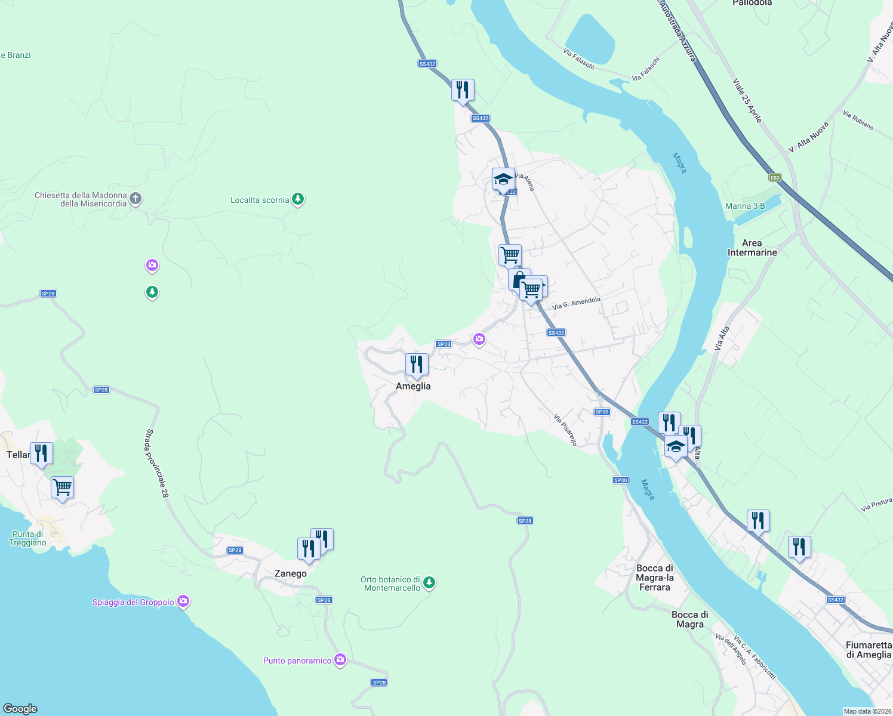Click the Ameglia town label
[x=413, y=386]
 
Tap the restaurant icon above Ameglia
[x=417, y=365]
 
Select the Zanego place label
[x=291, y=573]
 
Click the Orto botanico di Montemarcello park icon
[x=429, y=582]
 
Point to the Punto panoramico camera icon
[x=340, y=660]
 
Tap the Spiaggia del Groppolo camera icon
[x=184, y=601]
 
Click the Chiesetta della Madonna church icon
[x=136, y=199]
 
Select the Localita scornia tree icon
[x=298, y=199]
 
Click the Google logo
[x=20, y=708]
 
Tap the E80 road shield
[x=775, y=177]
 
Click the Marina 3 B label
[x=745, y=206]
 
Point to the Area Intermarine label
[x=752, y=248]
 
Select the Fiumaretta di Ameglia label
[x=869, y=650]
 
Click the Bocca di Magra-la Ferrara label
[x=655, y=578]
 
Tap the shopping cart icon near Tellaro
[x=62, y=488]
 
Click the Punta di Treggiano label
[x=28, y=538]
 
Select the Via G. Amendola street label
[x=576, y=303]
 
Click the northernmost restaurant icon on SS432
[x=463, y=90]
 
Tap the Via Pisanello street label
[x=565, y=430]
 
